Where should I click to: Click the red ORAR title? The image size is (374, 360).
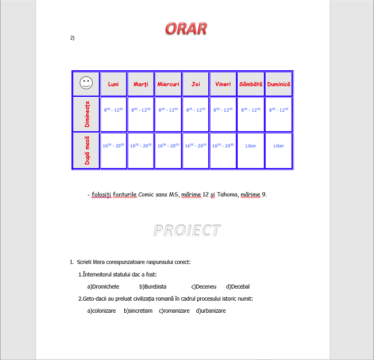click(186, 28)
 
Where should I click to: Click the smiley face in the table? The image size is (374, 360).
click(86, 84)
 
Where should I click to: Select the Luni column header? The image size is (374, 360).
click(113, 84)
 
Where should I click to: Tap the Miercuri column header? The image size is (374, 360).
click(168, 84)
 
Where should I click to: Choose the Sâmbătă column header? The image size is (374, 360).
click(250, 84)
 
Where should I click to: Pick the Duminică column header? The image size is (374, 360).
click(278, 84)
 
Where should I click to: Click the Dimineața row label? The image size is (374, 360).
click(86, 114)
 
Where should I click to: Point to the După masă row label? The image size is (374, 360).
click(86, 151)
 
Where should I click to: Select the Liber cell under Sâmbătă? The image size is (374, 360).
click(251, 146)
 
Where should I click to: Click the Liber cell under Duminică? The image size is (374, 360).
click(278, 146)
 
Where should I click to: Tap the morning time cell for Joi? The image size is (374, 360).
click(196, 109)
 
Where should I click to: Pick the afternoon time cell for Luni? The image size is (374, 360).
click(113, 146)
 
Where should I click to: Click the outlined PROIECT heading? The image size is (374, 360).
click(186, 230)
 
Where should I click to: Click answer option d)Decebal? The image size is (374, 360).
click(238, 286)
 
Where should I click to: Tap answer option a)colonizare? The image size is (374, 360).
click(101, 310)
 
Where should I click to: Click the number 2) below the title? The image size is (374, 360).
click(72, 38)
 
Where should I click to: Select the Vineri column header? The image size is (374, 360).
click(223, 84)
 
